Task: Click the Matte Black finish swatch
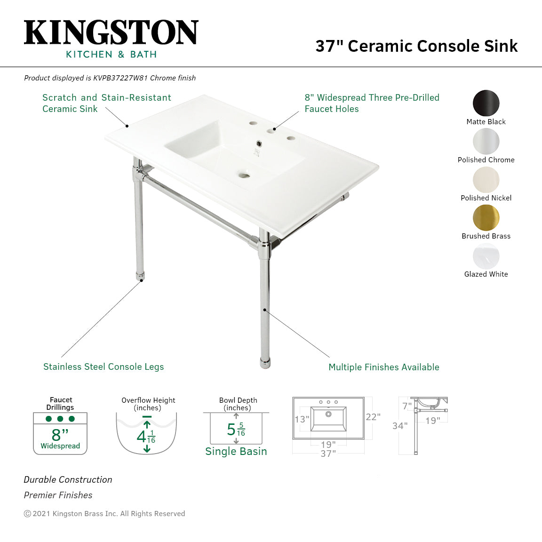[x=486, y=103]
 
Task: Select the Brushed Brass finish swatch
[x=486, y=218]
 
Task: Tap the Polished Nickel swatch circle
[x=486, y=180]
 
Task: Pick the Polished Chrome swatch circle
[x=486, y=141]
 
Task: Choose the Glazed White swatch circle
[x=486, y=256]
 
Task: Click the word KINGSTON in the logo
[x=111, y=33]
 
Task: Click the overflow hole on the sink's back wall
[x=258, y=142]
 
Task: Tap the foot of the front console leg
[x=265, y=363]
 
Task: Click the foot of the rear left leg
[x=140, y=277]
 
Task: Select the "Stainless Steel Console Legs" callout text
[x=104, y=367]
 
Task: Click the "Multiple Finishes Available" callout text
[x=384, y=367]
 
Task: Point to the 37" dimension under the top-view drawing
[x=328, y=454]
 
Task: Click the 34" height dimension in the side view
[x=400, y=426]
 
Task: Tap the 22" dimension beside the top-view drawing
[x=373, y=417]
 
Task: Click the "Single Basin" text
[x=236, y=452]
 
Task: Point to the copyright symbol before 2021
[x=27, y=514]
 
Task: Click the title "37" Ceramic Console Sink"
[x=416, y=46]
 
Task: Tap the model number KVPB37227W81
[x=120, y=78]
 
